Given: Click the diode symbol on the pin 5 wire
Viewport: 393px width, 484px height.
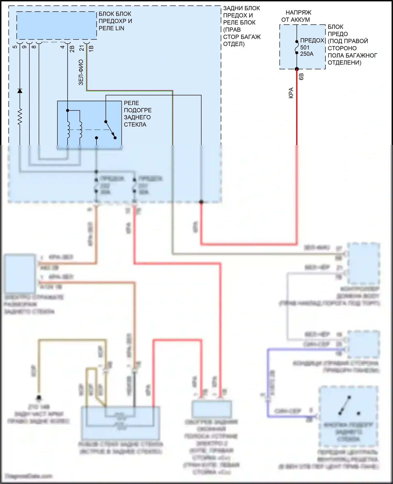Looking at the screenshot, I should coord(20,91).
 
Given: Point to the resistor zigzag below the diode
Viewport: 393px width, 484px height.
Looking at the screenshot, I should coord(20,116).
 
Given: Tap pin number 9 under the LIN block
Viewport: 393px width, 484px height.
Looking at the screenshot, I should coord(24,47).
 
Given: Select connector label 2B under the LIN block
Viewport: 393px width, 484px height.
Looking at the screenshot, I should coord(72,49).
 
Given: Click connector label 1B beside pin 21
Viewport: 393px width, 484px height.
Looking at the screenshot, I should coord(91,48).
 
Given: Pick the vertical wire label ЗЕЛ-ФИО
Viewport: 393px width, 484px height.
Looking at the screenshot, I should coord(81,72).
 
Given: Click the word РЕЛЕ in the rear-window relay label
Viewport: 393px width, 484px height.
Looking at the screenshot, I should coord(131,103).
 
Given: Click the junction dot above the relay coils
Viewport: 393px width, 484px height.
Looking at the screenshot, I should coord(68,111).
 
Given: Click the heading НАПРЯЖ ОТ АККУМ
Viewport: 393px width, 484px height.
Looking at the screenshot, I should coord(297,16).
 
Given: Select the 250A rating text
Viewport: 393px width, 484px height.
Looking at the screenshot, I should coord(307,54).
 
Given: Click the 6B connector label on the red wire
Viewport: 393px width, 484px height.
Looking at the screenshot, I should coord(301,77).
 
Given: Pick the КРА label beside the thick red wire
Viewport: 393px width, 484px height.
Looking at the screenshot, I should coord(291,93).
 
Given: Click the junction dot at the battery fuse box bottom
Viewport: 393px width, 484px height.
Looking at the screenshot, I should coord(297,69).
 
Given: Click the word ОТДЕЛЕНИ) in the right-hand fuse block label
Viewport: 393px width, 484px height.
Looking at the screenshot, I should coord(344,63).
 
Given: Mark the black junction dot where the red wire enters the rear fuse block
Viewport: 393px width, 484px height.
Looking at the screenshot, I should coord(201,202).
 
